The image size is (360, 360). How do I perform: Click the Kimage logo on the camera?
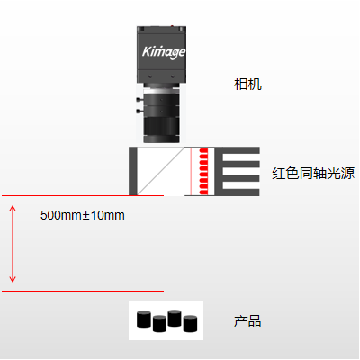164,52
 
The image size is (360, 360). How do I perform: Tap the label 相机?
247,85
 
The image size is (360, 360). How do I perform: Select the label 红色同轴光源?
313,174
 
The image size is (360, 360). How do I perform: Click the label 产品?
247,321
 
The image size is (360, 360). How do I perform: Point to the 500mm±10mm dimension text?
83,215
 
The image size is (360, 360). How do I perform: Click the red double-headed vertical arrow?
13,244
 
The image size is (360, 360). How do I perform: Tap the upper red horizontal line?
83,195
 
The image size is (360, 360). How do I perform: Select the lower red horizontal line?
83,291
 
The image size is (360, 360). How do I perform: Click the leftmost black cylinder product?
144,319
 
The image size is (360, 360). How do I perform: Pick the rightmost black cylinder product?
190,324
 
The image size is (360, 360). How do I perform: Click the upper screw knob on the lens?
139,99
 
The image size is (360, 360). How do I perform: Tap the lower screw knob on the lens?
139,112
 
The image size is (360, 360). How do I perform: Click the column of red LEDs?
203,171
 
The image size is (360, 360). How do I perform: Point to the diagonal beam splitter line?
161,171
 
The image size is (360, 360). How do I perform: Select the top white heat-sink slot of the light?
241,157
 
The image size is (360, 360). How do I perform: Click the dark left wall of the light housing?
133,171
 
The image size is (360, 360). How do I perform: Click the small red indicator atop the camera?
172,26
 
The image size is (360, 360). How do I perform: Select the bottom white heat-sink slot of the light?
241,184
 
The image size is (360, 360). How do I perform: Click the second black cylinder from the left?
159,324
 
